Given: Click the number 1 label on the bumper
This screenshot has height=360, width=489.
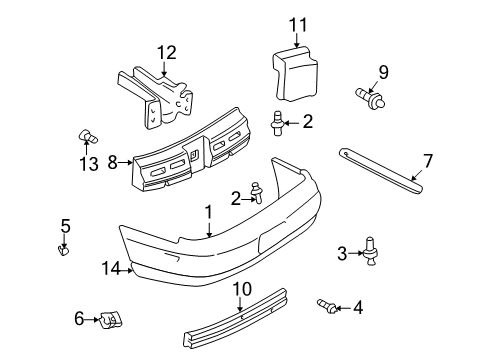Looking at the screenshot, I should pyautogui.click(x=209, y=212).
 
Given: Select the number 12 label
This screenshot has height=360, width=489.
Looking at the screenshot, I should pyautogui.click(x=166, y=53).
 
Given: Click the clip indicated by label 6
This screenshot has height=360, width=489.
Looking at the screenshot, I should pyautogui.click(x=112, y=321).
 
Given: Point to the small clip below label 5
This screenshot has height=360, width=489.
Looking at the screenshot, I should pyautogui.click(x=66, y=249).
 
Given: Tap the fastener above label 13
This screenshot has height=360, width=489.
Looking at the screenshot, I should pyautogui.click(x=86, y=137).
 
